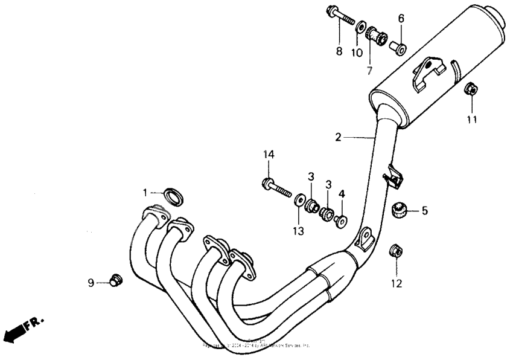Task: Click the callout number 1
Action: click(x=145, y=192)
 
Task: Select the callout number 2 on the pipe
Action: click(x=339, y=137)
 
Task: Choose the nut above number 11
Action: click(x=471, y=91)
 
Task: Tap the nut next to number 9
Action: click(x=115, y=280)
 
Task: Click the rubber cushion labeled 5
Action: click(x=398, y=210)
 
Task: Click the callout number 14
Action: click(x=268, y=155)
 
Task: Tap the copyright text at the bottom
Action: click(x=256, y=345)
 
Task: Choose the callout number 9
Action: click(x=91, y=282)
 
